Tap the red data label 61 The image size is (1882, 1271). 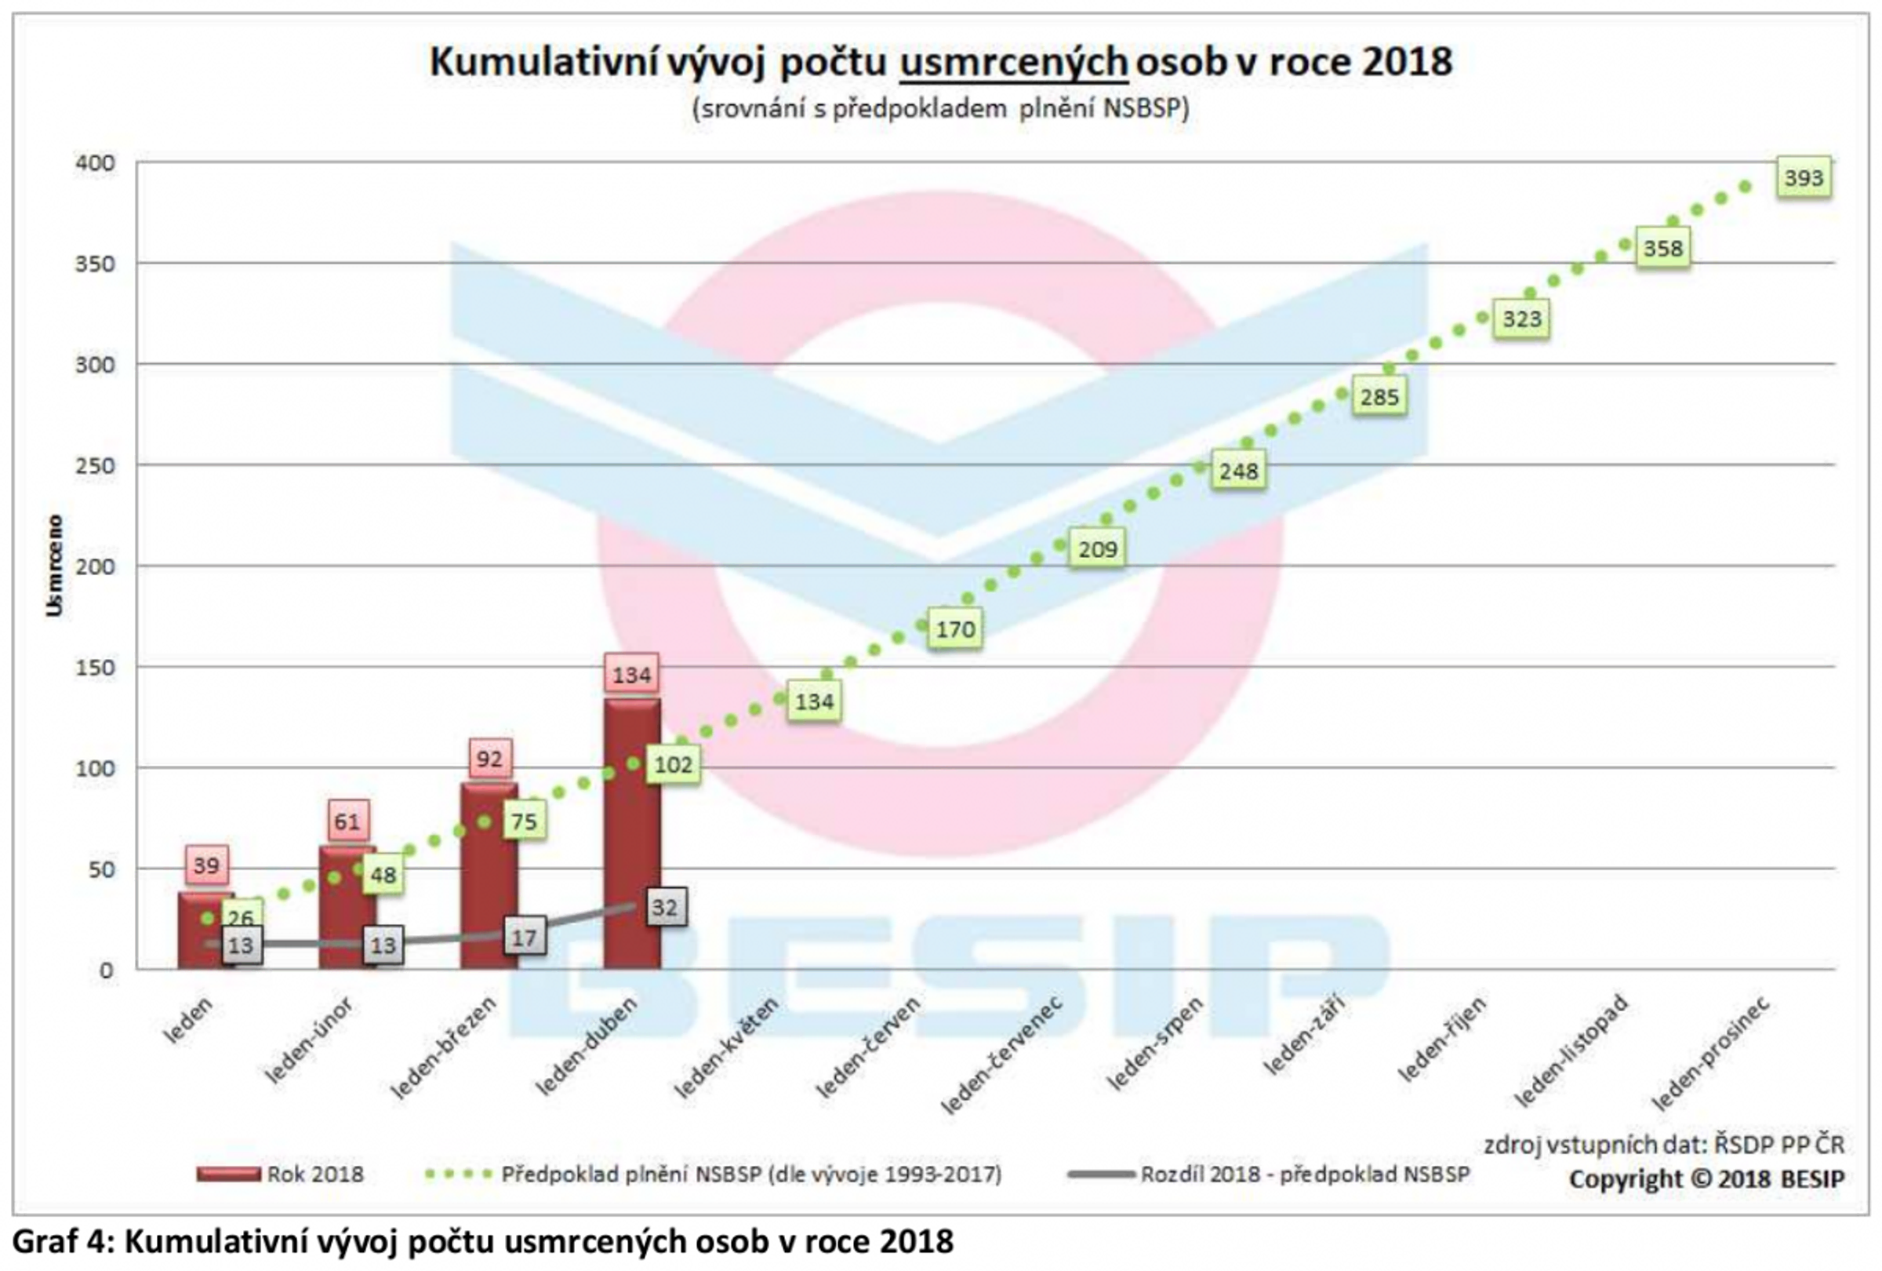click(x=348, y=821)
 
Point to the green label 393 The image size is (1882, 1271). click(x=1803, y=178)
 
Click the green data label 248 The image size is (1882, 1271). click(x=1238, y=471)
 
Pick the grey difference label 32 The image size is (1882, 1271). click(x=665, y=907)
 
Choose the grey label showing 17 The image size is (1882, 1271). click(x=524, y=938)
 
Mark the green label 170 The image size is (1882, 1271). click(x=956, y=628)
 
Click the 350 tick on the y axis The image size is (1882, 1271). click(x=95, y=264)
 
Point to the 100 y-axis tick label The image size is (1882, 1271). click(x=95, y=768)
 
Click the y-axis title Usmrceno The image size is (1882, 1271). click(x=54, y=566)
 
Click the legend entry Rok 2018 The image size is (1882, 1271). click(x=315, y=1174)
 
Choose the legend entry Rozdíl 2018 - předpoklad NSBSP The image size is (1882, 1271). click(x=1304, y=1174)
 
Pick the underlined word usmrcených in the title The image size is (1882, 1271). click(x=1013, y=64)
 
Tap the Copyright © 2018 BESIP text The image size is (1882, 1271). click(x=1706, y=1178)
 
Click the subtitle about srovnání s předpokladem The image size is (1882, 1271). click(x=940, y=108)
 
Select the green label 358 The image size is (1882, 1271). click(x=1662, y=249)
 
